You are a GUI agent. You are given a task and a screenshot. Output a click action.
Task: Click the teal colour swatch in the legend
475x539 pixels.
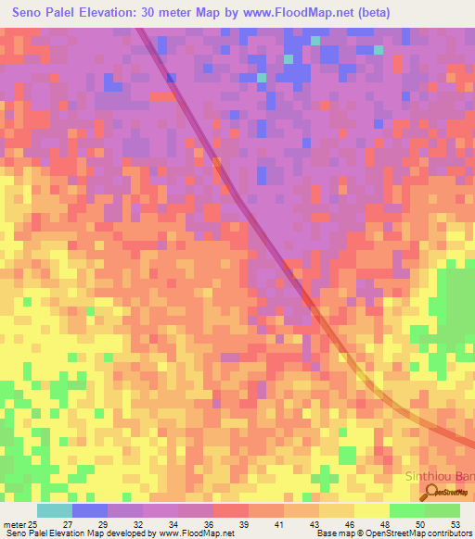[x=54, y=510]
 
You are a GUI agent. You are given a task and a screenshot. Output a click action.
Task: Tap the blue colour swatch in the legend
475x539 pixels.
[x=89, y=510]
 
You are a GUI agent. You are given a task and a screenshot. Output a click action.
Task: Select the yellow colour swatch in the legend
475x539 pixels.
[x=371, y=510]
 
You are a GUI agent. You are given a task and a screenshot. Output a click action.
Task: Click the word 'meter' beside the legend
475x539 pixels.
[x=14, y=524]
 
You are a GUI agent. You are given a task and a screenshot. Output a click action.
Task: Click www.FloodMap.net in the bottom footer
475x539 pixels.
[x=195, y=534]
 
